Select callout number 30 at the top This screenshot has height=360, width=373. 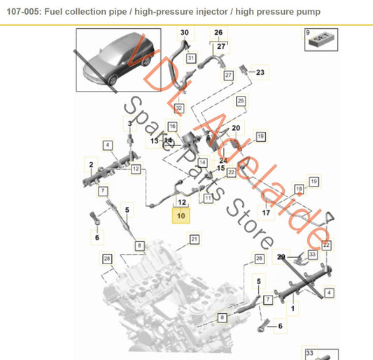coord(185,33)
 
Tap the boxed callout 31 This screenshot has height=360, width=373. coord(190,59)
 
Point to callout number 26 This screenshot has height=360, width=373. coord(218,33)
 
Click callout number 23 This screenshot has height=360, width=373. coord(260,72)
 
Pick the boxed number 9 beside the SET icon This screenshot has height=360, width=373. coord(307,33)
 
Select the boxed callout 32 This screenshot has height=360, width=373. coord(179,108)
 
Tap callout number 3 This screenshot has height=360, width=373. coord(129,124)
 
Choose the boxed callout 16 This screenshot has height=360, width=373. coord(173,127)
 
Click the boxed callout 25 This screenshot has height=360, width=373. coord(241,102)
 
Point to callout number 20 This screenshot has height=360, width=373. coord(236,128)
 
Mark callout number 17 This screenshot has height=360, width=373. coord(266,213)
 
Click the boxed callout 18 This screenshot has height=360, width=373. coord(299,189)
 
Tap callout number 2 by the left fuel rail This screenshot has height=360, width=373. coord(90,164)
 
